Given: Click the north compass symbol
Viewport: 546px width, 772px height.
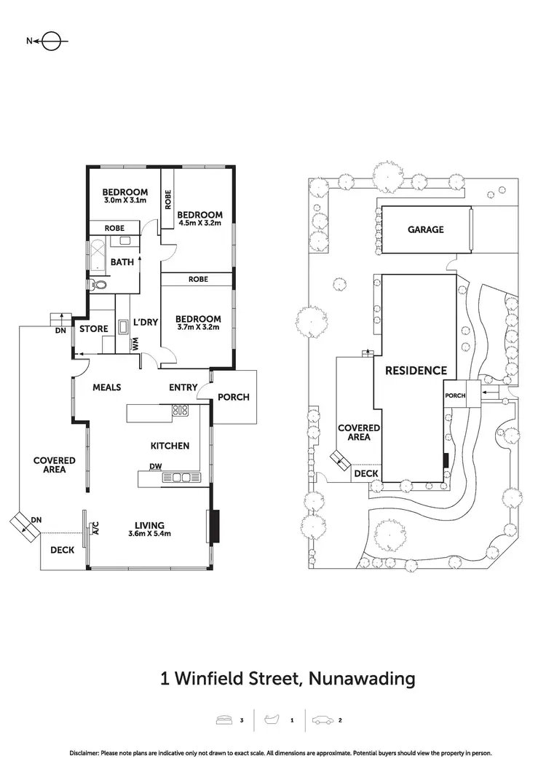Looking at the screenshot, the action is coord(52,42).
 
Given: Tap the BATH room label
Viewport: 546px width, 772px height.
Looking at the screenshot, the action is coord(122,262).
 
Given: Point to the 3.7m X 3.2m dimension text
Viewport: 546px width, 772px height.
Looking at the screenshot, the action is coord(198,328).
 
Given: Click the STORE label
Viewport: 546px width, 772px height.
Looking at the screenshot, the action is coord(94,329).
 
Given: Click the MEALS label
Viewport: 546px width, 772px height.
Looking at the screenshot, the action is coord(106,387).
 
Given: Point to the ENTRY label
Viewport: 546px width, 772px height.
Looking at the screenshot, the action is coord(183,387).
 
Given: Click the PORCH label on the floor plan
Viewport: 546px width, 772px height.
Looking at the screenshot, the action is coord(234,397).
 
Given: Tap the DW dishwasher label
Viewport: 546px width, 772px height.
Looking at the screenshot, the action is coord(155,467).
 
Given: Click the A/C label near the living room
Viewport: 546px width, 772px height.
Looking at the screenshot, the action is coord(95,530).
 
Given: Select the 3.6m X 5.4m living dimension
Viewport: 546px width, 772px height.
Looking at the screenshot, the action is coord(149,534).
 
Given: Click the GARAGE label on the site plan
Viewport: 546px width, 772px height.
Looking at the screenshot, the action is coord(425,229).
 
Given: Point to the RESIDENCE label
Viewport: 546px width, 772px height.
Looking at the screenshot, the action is coord(416,371).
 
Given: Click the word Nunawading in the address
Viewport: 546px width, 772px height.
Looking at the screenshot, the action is coord(362,679).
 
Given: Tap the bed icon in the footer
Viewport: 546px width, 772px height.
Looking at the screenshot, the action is coord(225,720).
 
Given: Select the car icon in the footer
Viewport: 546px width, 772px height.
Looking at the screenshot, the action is coord(322,720).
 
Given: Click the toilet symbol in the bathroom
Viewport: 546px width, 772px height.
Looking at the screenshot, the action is coord(98,284).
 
